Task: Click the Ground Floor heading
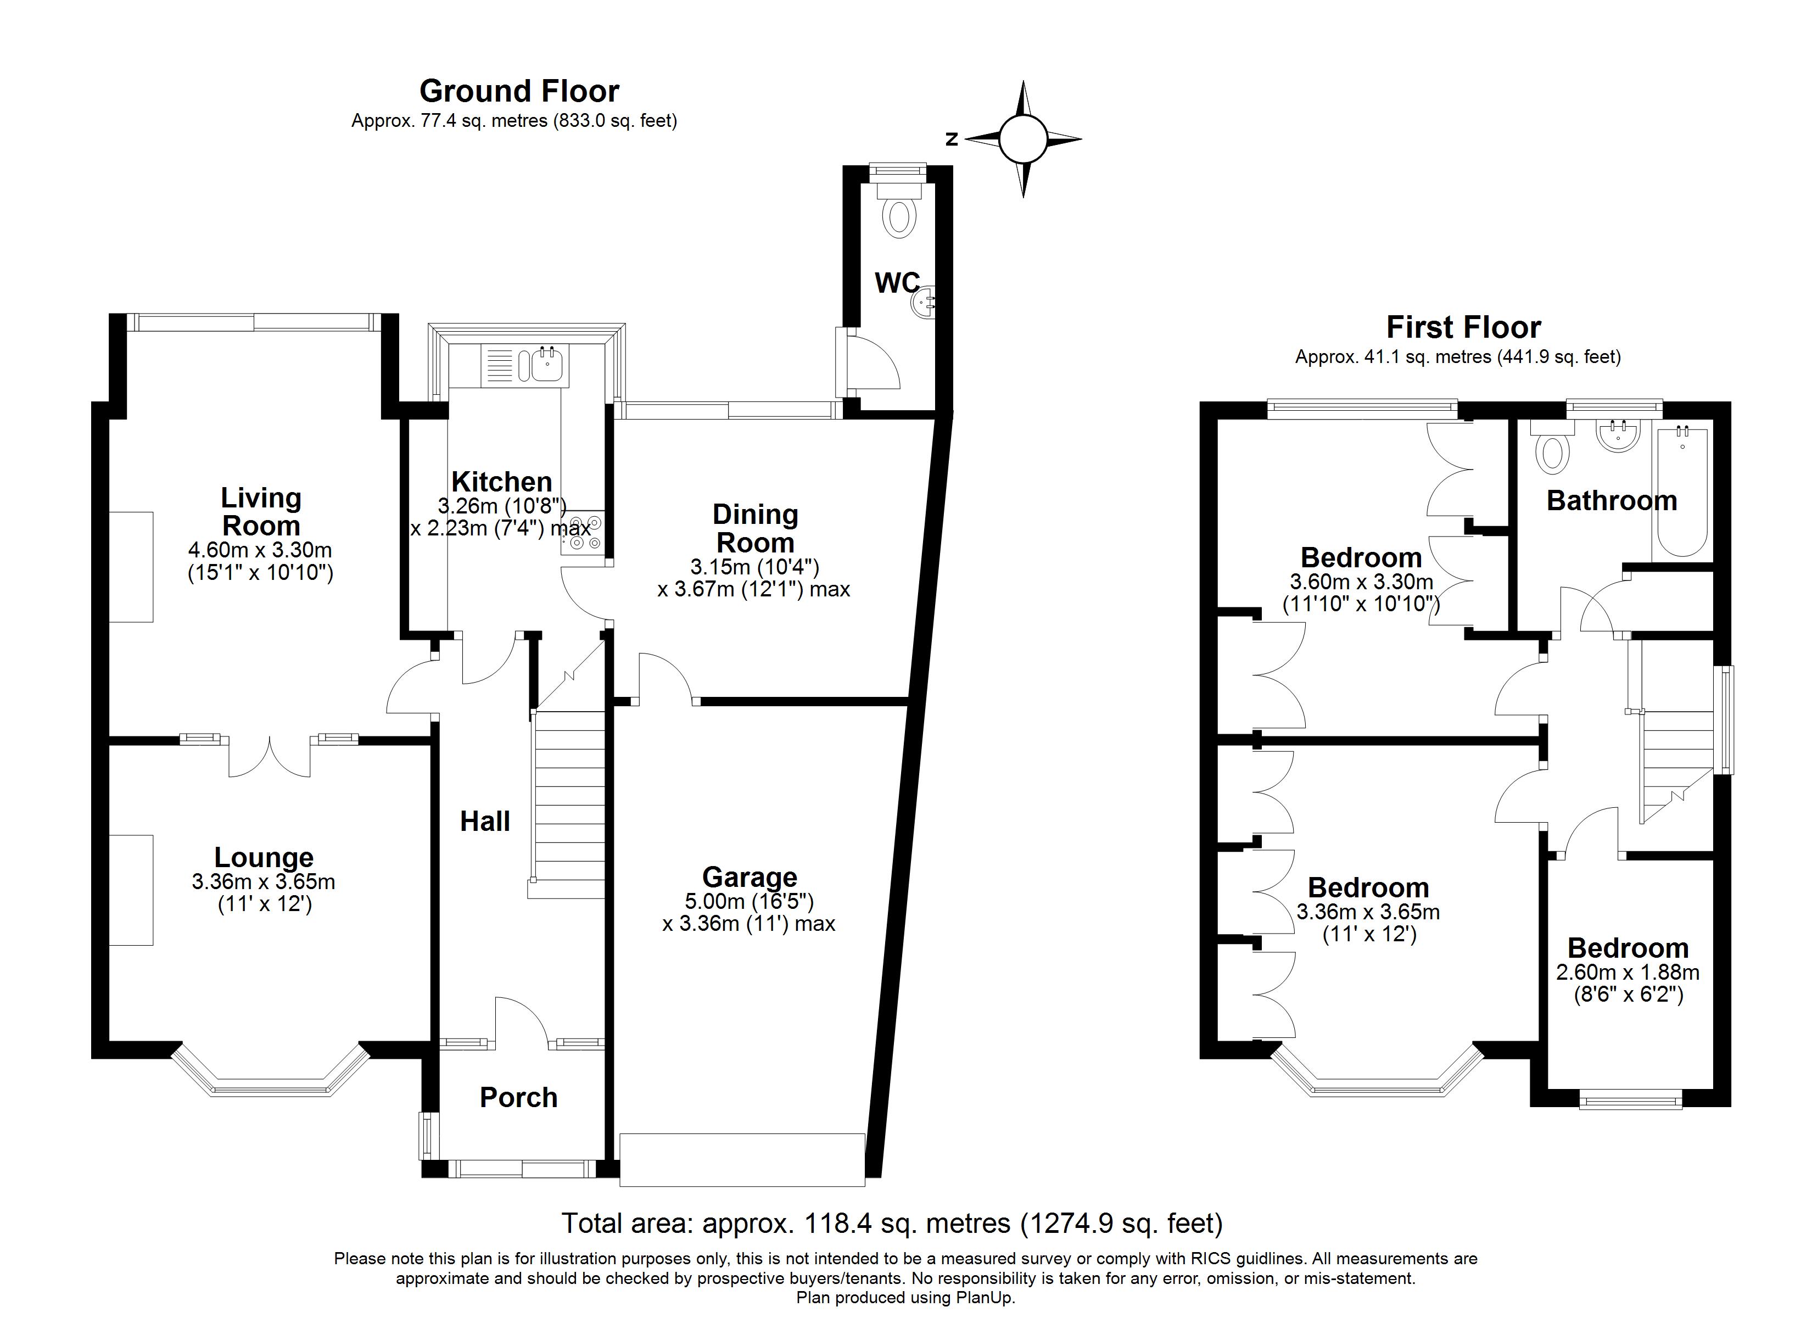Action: coord(519,91)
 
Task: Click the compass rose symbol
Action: coord(1022,139)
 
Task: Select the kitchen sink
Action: coord(525,366)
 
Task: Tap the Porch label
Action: coord(518,1097)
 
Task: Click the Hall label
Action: coord(485,821)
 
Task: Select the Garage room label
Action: coord(750,877)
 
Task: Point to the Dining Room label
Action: coord(755,528)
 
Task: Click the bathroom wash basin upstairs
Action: coord(1618,435)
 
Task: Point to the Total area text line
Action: coord(892,1223)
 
